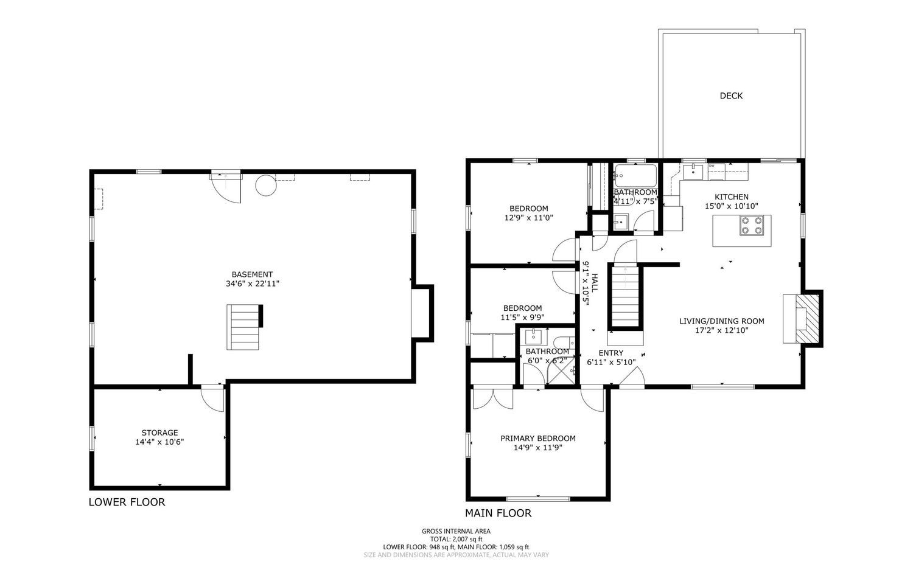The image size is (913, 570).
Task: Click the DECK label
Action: pos(731,96)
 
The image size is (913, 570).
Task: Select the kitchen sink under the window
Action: pos(693,172)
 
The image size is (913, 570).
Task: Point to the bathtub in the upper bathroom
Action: pos(636,176)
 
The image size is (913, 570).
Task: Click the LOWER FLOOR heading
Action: pos(127,502)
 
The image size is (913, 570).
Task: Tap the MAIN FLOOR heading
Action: pos(498,513)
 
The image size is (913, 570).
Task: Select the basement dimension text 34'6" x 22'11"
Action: pos(253,283)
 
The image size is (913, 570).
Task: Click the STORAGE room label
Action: pos(159,433)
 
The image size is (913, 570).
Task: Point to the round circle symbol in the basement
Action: pos(266,186)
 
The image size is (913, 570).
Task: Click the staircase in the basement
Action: pos(243,327)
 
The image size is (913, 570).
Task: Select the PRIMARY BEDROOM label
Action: pos(538,439)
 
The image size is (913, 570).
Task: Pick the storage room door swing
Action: pos(212,398)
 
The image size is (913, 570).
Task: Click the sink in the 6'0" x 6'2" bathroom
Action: pos(533,337)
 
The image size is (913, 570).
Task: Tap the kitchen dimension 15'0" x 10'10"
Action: pos(732,206)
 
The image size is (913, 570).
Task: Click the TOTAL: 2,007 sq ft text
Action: pos(456,539)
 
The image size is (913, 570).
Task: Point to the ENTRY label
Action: pos(611,353)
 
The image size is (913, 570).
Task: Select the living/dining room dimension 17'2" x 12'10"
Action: pos(722,330)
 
